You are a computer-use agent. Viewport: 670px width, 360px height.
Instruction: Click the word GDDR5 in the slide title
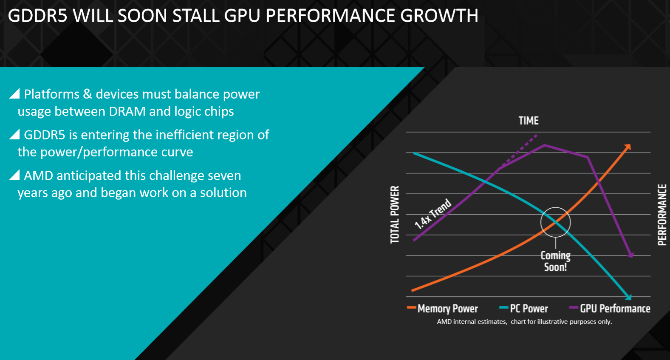[37, 16]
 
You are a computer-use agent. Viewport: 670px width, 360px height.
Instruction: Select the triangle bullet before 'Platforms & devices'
[15, 94]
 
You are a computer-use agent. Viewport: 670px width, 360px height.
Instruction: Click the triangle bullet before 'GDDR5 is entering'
[15, 134]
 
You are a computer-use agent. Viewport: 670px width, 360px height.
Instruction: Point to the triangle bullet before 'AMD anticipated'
[15, 175]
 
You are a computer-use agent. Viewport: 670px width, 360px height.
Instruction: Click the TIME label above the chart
[529, 121]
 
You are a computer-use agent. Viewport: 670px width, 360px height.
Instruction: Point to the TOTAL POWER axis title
[395, 215]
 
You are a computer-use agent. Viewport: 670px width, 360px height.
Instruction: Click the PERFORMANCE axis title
[662, 215]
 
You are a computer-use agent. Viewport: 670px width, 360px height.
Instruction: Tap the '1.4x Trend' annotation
[433, 214]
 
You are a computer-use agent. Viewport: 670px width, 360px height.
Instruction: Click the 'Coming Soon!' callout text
[555, 261]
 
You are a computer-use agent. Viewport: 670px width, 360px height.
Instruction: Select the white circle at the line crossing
[555, 222]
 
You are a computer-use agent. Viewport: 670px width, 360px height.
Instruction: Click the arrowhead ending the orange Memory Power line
[628, 147]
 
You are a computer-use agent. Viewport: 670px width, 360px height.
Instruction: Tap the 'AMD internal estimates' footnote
[524, 322]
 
